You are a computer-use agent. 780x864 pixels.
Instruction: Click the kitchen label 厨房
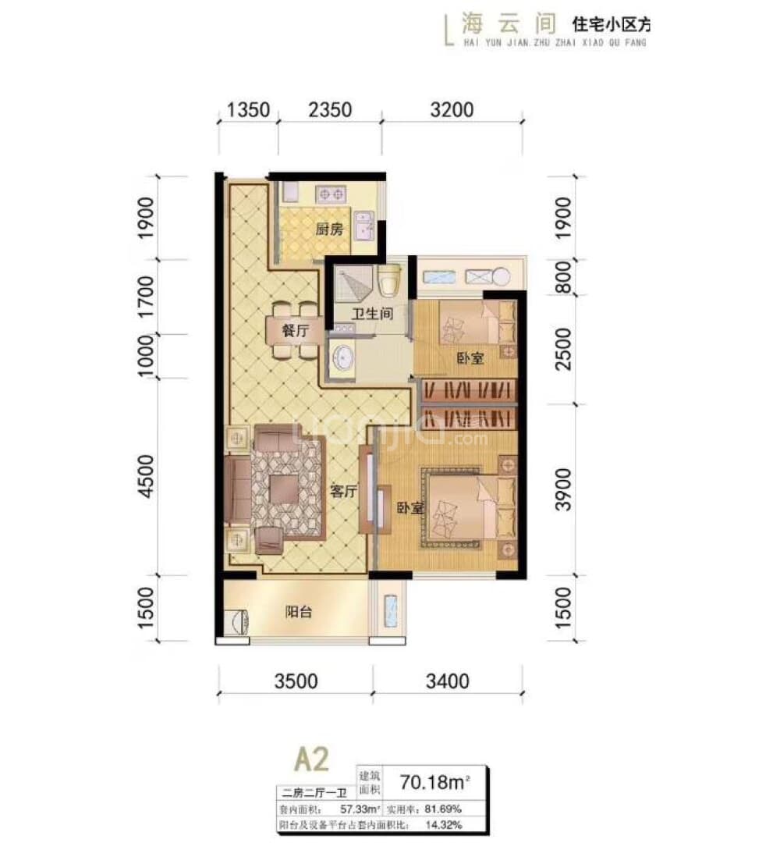(329, 230)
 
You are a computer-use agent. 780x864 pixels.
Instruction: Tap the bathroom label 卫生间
(370, 314)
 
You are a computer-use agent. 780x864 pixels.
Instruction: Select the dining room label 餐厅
(296, 331)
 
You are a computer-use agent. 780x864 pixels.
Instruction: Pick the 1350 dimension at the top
(248, 109)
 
